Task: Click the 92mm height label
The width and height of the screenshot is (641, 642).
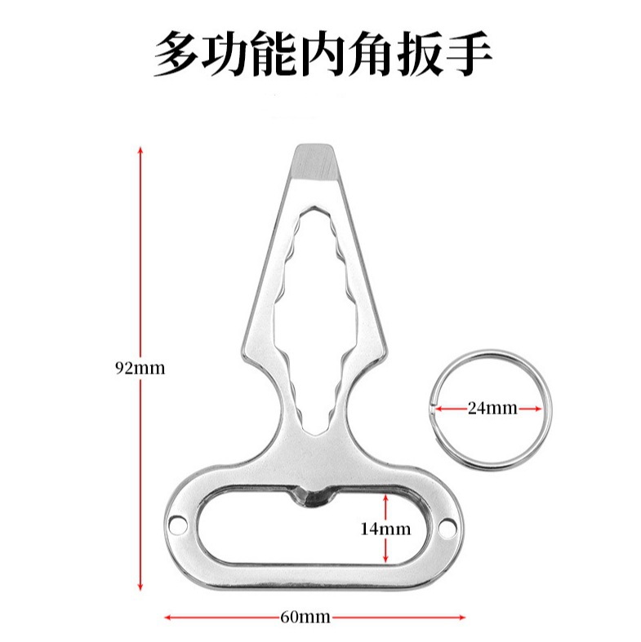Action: pyautogui.click(x=140, y=367)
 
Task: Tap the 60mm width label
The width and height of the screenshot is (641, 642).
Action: pyautogui.click(x=305, y=617)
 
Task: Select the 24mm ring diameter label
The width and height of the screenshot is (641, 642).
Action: pyautogui.click(x=492, y=408)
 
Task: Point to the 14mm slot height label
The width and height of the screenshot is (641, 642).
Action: pyautogui.click(x=385, y=529)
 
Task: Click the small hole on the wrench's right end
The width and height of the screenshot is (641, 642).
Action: pyautogui.click(x=446, y=529)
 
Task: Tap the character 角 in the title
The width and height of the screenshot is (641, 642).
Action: pyautogui.click(x=352, y=55)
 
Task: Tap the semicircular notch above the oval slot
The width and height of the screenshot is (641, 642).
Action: pyautogui.click(x=313, y=493)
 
